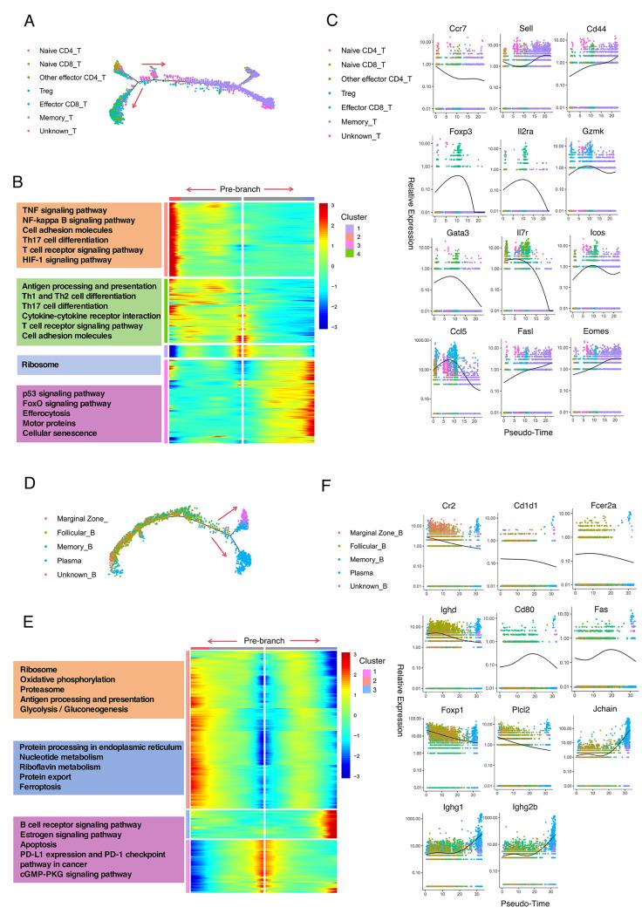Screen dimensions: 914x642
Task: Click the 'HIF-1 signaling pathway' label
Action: tap(73, 135)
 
